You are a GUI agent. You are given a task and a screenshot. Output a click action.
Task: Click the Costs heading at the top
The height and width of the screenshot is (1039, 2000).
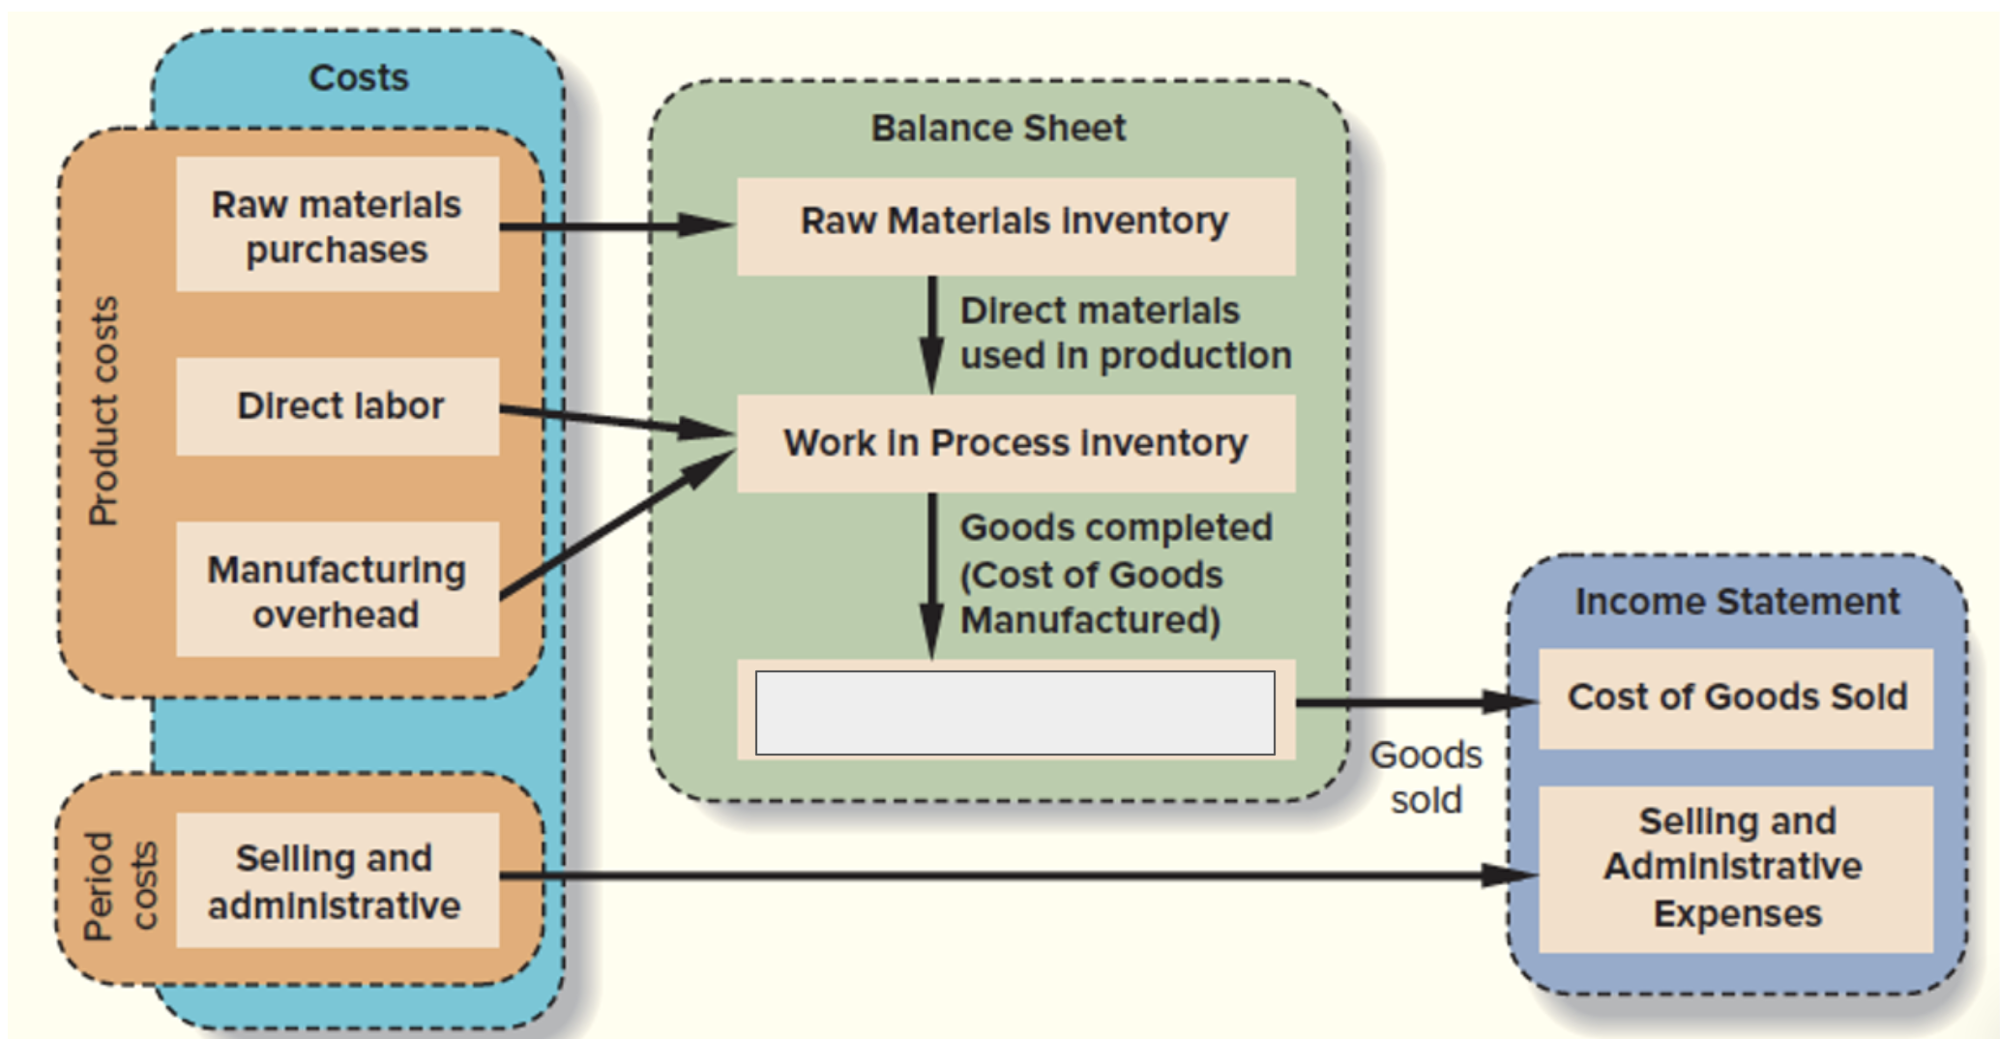coord(359,77)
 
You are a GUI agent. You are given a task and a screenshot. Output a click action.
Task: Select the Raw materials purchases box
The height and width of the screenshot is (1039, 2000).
coord(338,225)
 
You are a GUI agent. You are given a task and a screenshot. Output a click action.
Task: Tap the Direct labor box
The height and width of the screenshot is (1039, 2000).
coord(338,406)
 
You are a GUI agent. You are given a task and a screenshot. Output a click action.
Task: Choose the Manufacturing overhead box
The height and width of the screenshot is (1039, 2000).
coord(338,590)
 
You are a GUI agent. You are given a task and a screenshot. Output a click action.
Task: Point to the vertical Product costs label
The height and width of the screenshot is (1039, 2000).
coord(103,411)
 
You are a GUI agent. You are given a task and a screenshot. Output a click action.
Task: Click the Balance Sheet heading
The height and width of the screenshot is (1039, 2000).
coord(998,129)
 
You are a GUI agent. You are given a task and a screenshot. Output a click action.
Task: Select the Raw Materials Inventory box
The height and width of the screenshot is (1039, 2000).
coord(1015,223)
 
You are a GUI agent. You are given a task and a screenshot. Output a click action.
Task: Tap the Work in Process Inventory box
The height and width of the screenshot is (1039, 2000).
coord(1015,443)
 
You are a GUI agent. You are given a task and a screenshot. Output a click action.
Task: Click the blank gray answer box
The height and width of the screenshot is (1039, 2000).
coord(1015,713)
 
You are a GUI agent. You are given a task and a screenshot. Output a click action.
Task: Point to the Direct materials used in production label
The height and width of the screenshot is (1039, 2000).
coord(1125,334)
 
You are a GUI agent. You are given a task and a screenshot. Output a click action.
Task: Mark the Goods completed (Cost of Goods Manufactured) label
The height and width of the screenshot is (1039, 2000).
coord(1115,575)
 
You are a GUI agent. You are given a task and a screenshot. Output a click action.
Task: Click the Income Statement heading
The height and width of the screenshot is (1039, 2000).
coord(1737,602)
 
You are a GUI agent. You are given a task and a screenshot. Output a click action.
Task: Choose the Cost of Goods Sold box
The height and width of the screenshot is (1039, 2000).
coord(1737,698)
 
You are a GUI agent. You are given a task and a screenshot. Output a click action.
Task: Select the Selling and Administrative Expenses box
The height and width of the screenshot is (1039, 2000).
coord(1737,868)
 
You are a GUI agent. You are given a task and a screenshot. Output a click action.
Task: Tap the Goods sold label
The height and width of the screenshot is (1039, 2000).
coord(1426,778)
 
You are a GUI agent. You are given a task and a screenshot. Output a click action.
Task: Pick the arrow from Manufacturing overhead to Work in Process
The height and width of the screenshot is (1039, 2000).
coord(615,526)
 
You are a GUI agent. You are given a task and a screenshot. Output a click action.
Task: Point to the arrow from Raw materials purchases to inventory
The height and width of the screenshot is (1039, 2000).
coord(615,226)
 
